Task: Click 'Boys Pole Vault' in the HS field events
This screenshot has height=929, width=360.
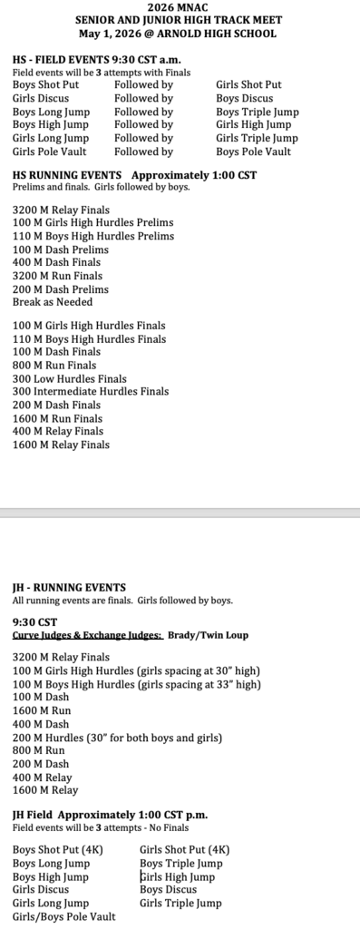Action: pos(253,152)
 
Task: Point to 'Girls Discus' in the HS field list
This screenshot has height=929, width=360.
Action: pos(41,98)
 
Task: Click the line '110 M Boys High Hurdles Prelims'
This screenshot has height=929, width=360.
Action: pos(93,236)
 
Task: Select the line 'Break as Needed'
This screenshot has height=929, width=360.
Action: pos(53,302)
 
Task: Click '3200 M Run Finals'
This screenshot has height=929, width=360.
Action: pos(57,276)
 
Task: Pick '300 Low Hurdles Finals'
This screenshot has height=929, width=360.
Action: pos(70,378)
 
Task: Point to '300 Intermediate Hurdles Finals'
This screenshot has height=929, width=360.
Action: pos(91,392)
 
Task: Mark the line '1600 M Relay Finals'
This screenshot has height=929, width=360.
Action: pos(61,445)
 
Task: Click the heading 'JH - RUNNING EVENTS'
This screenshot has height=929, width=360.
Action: pos(69,588)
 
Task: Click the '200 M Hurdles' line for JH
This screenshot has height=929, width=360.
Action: pos(117,738)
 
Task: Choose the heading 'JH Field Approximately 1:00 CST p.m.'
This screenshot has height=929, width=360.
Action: pos(110,815)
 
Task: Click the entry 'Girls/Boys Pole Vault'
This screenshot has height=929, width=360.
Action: pos(64,916)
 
